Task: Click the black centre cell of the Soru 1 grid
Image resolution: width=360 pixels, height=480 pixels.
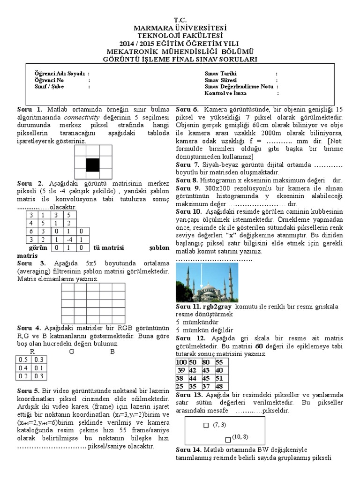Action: pos(93,165)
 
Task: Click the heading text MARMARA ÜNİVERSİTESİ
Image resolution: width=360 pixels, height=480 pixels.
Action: pos(180,28)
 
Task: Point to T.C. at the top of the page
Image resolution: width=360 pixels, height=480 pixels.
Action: pos(180,20)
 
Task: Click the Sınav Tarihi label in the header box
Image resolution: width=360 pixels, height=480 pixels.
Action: pos(221,74)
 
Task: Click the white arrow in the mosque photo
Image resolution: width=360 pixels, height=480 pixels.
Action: pos(201,279)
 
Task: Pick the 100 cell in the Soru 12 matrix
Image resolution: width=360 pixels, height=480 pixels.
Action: pos(181,362)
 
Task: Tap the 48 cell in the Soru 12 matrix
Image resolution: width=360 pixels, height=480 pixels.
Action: pos(219,386)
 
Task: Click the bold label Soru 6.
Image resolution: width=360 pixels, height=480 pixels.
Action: pos(187,109)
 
